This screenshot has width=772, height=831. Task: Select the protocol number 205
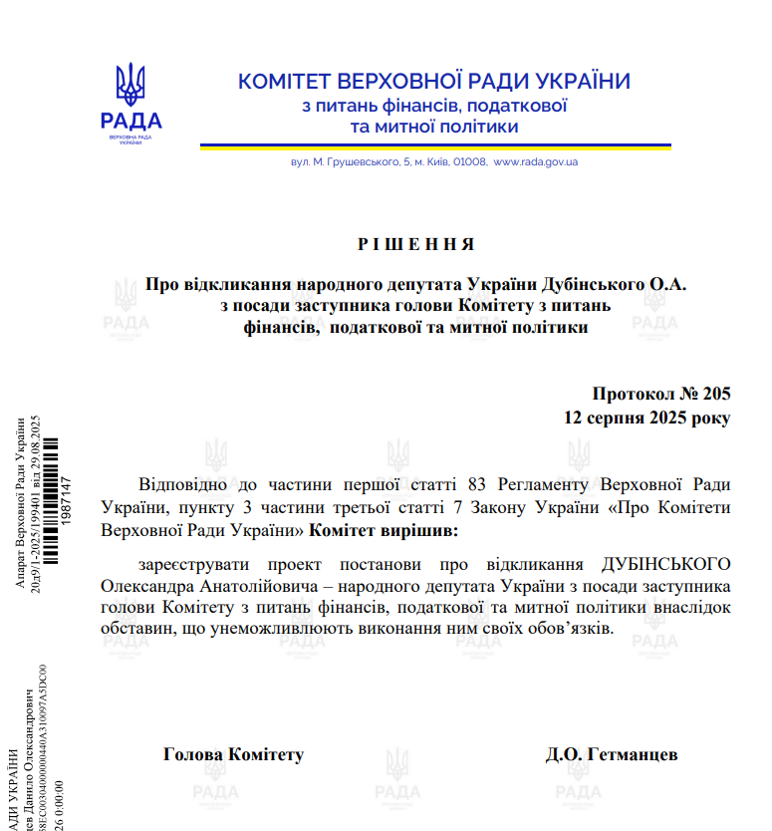715,395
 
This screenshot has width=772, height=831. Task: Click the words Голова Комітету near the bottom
233,754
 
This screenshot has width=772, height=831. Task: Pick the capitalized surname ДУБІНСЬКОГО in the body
666,564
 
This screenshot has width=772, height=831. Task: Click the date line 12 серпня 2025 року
645,417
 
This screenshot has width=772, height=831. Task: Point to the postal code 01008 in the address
471,161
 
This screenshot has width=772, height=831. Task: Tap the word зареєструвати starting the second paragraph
189,564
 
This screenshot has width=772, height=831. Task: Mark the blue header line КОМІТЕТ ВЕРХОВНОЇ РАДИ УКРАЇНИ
433,82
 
